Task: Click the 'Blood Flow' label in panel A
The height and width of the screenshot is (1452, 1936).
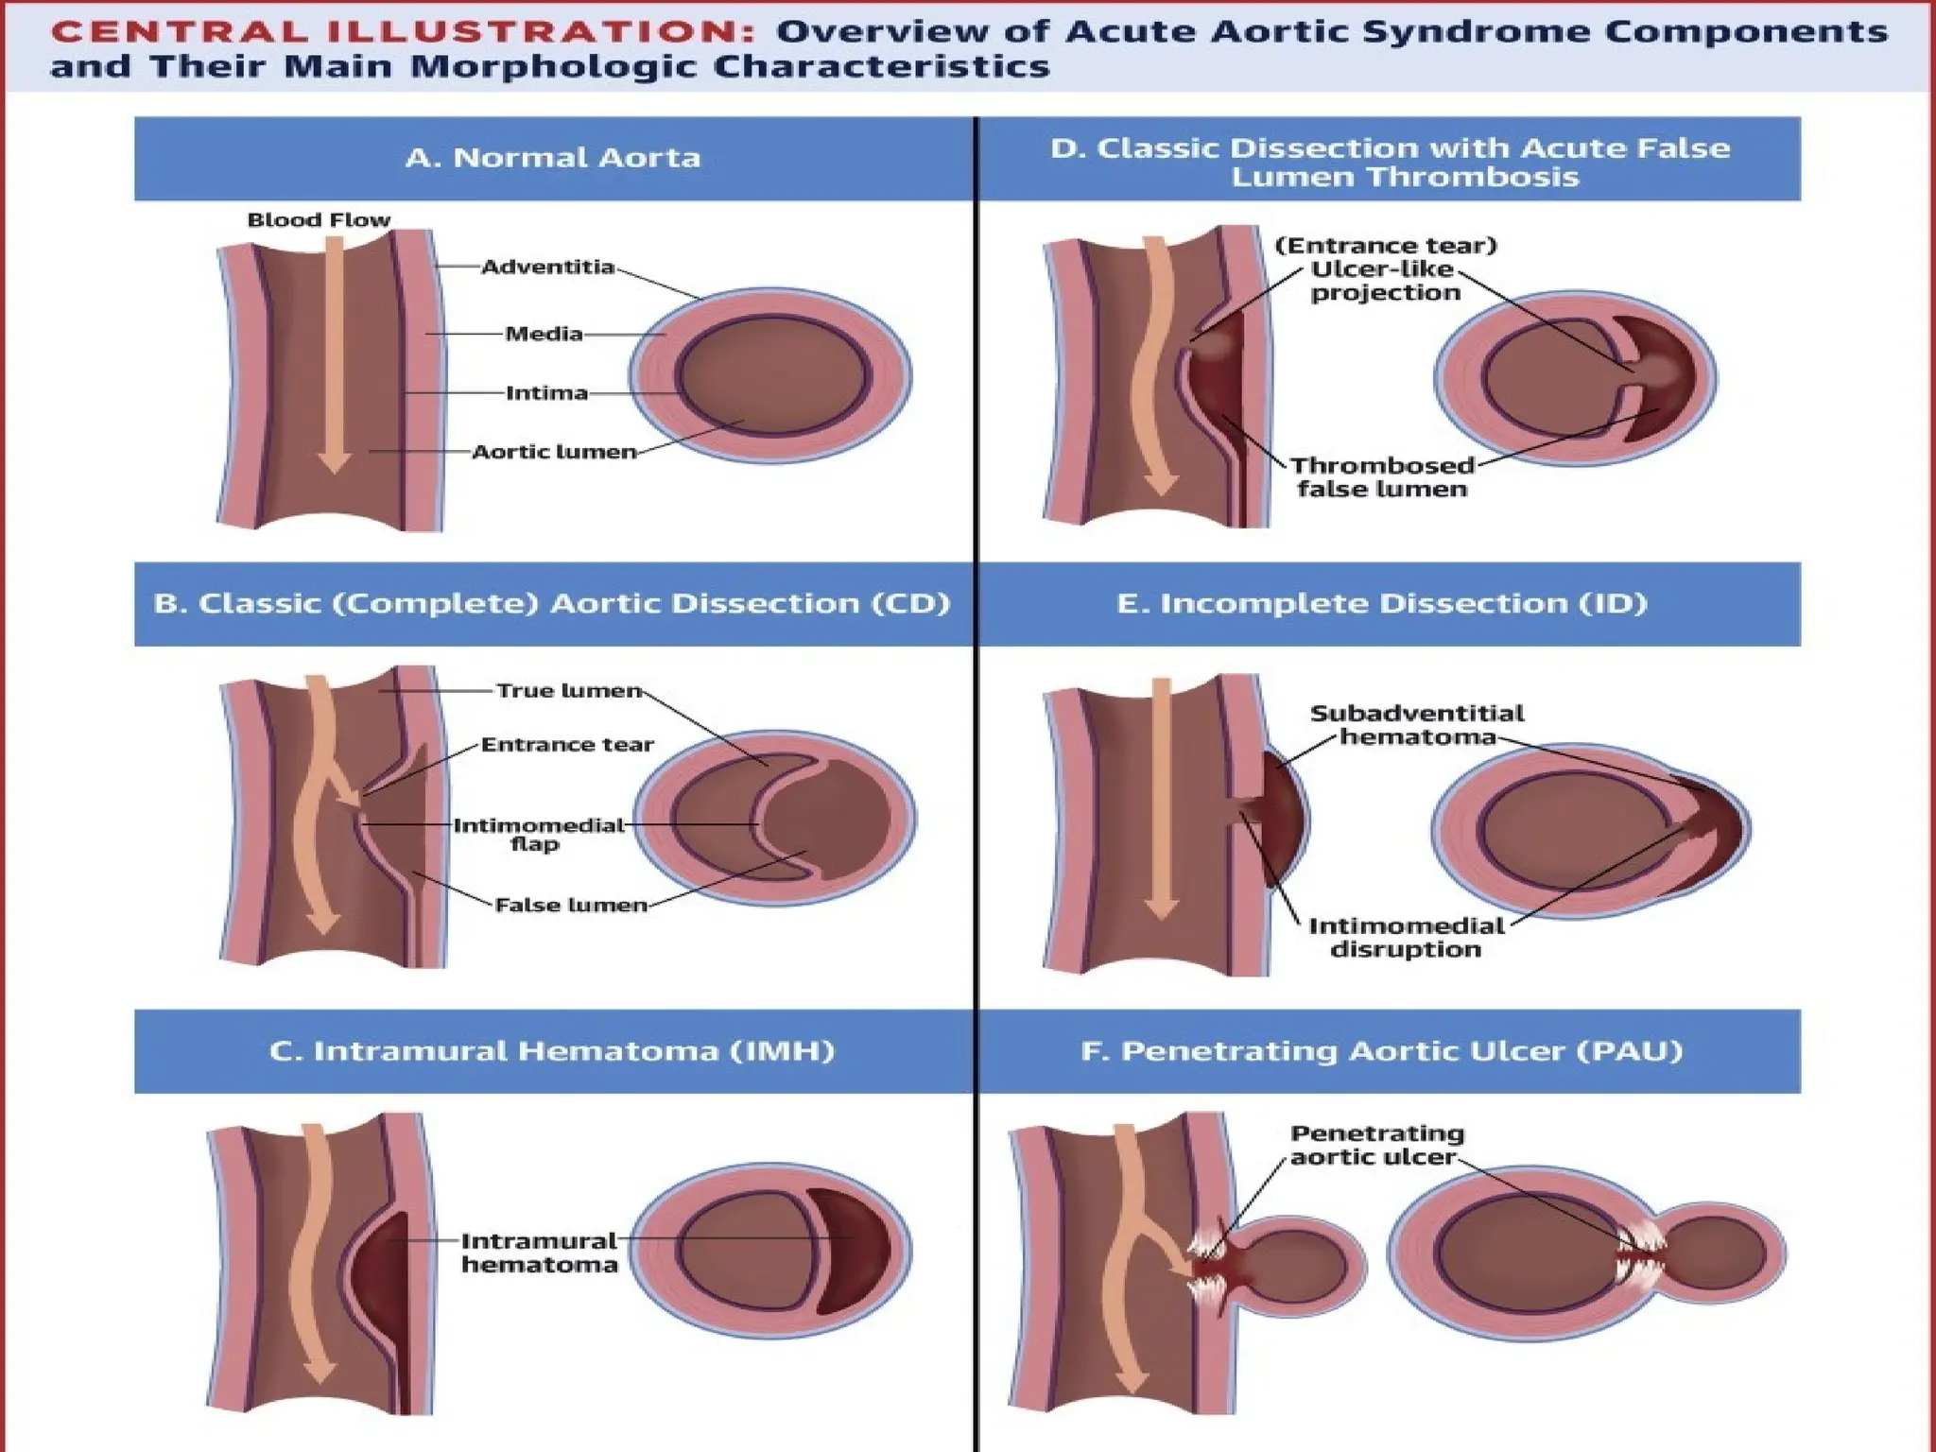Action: tap(319, 220)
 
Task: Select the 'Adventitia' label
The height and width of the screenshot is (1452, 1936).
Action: tap(547, 268)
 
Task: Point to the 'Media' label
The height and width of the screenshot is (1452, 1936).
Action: tap(544, 334)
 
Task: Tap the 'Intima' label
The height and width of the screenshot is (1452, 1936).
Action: tap(546, 393)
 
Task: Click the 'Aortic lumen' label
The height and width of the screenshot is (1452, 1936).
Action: tap(554, 452)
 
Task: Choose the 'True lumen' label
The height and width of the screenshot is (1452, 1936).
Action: tap(569, 691)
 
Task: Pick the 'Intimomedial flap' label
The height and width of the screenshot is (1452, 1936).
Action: tap(538, 834)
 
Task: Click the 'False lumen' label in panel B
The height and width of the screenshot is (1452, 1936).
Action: tap(571, 906)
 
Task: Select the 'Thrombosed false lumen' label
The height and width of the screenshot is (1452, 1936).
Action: tap(1382, 477)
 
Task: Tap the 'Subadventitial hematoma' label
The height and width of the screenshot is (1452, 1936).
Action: tap(1417, 725)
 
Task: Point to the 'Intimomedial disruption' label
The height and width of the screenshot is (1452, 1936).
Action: tap(1406, 938)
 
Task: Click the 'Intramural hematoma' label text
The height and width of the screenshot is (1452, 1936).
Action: tap(539, 1253)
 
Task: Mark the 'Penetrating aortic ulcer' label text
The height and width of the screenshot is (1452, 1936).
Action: tap(1376, 1145)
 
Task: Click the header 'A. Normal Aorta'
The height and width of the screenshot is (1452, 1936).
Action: tap(553, 158)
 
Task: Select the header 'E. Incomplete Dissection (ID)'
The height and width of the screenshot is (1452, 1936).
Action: tap(1381, 604)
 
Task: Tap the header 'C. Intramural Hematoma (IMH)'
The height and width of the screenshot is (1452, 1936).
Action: tap(552, 1051)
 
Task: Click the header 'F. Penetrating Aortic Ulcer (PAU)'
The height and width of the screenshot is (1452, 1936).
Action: tap(1381, 1051)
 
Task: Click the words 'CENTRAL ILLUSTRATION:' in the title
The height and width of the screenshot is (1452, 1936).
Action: tap(403, 32)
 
